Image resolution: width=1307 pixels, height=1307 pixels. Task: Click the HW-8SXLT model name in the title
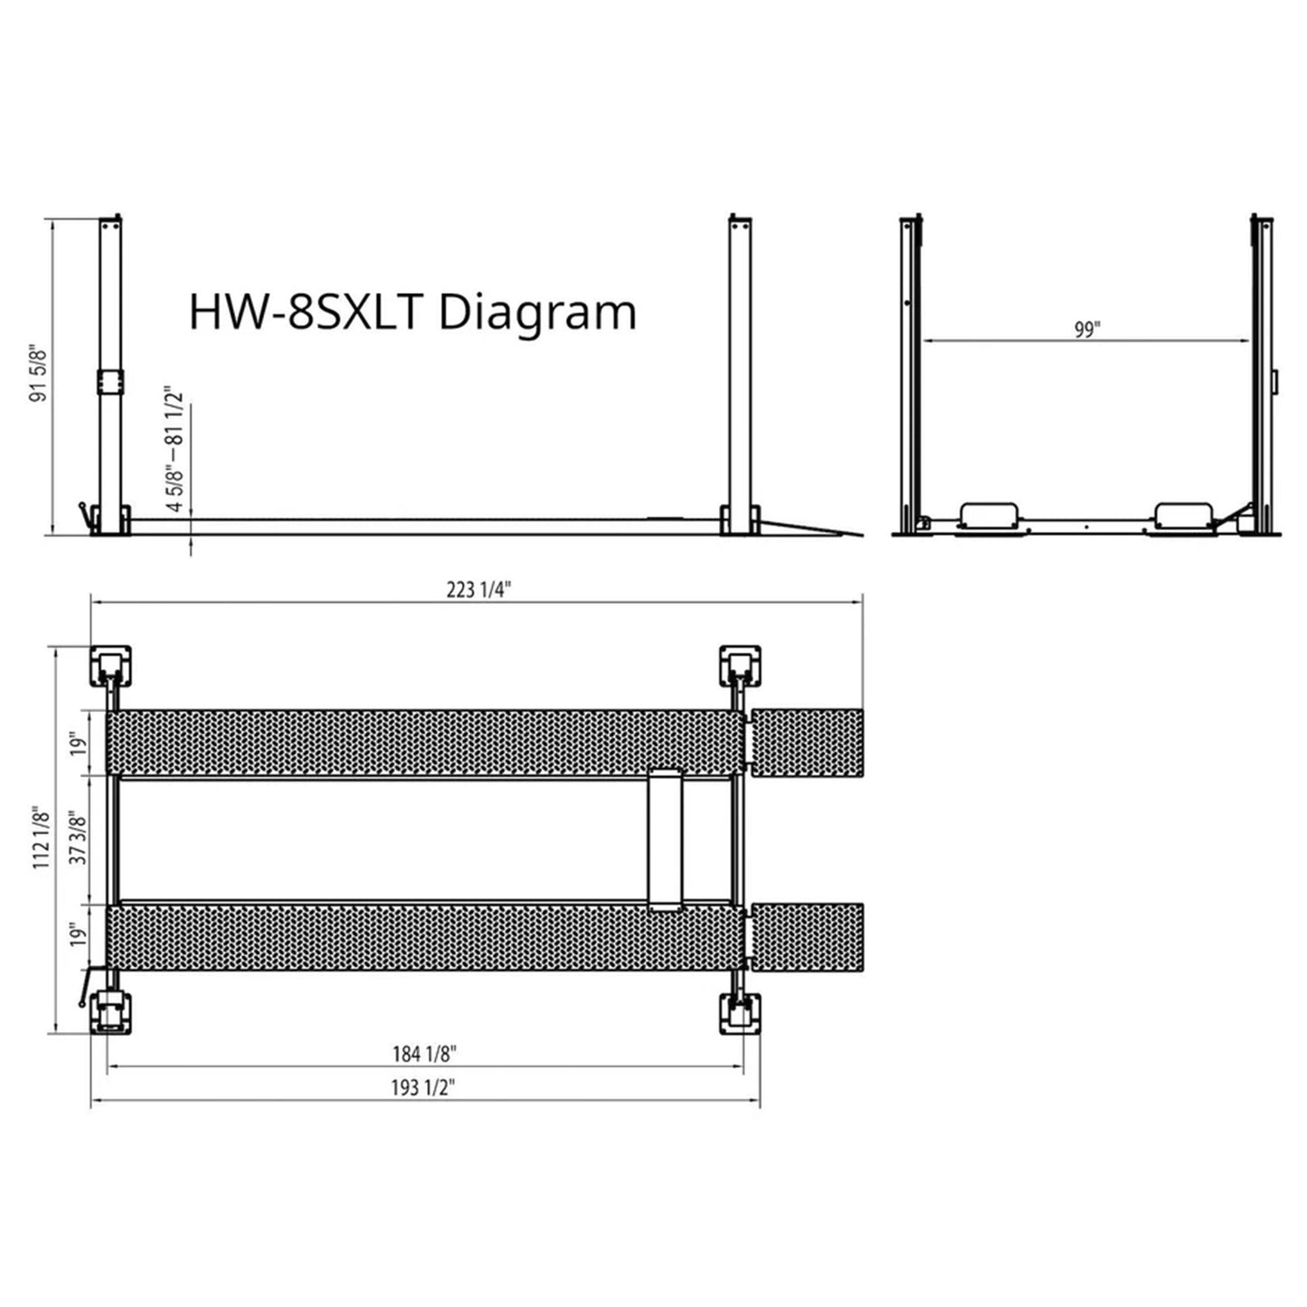click(306, 312)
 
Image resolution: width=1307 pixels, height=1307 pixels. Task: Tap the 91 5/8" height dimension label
click(37, 372)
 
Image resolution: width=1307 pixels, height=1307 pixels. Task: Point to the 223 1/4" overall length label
click(478, 590)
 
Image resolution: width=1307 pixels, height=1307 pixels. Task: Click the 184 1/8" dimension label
click(424, 1054)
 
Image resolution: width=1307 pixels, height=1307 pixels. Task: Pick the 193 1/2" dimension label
click(422, 1087)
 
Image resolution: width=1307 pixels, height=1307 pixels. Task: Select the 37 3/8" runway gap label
click(80, 838)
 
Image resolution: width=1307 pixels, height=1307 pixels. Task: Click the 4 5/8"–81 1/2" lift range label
click(175, 450)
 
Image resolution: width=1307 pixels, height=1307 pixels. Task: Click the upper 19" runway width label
click(81, 743)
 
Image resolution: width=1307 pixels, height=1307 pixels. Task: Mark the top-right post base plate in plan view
click(740, 666)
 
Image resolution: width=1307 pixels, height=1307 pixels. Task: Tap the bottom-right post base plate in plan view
click(740, 1015)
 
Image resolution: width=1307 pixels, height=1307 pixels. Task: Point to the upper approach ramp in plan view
click(808, 743)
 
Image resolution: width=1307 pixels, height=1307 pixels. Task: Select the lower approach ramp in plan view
click(808, 936)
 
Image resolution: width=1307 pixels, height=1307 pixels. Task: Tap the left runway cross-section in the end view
click(989, 515)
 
